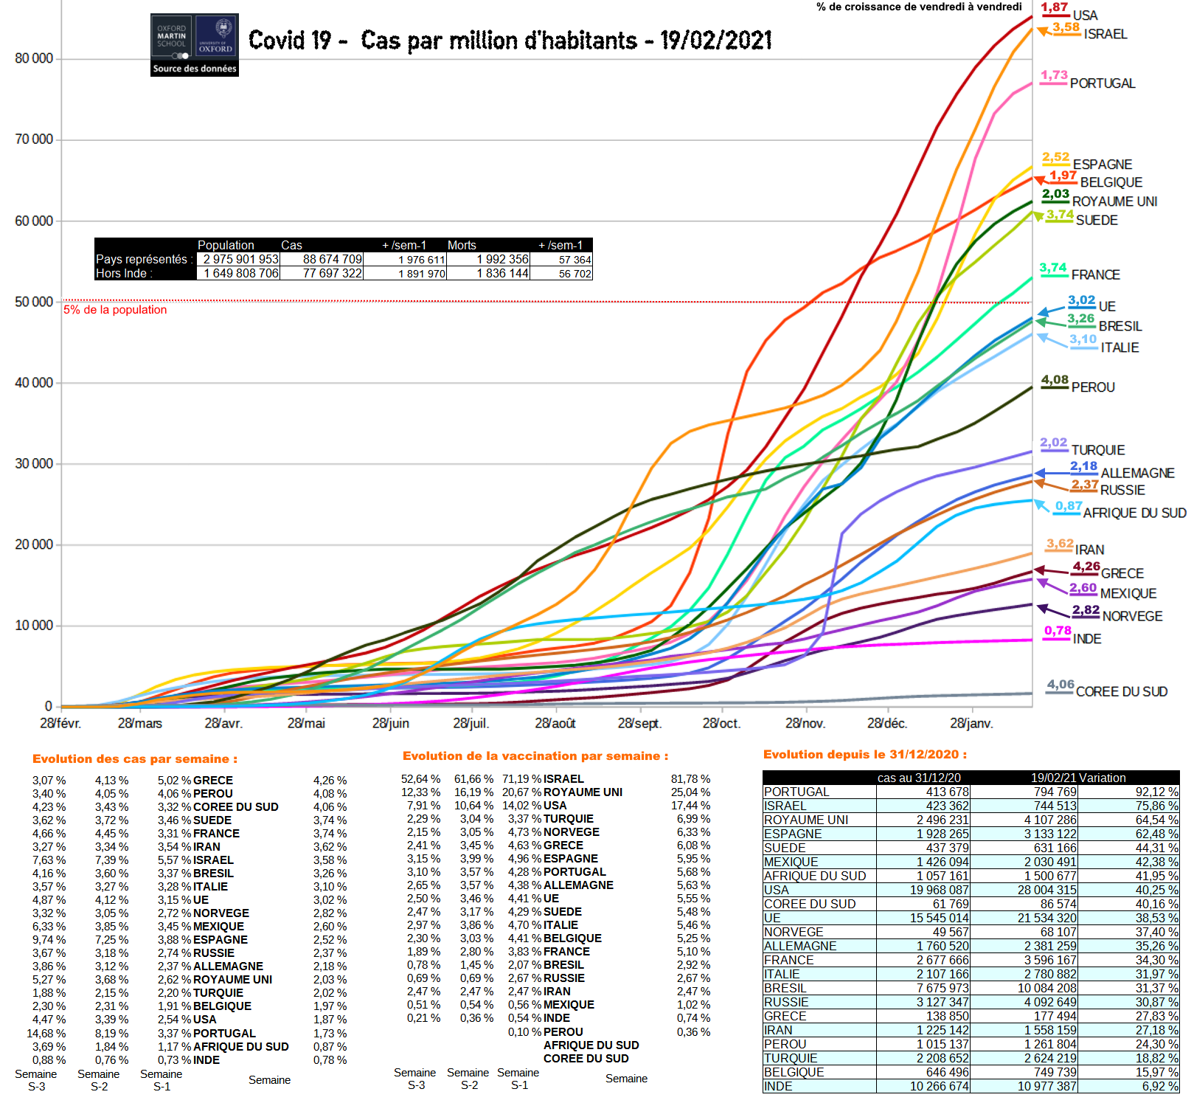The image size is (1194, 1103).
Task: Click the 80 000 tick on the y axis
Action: click(34, 59)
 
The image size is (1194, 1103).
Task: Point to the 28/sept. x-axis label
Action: click(639, 724)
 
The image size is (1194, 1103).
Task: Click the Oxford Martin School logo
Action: click(195, 44)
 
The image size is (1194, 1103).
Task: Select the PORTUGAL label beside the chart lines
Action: click(1103, 83)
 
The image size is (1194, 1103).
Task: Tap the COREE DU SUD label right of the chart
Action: click(1121, 692)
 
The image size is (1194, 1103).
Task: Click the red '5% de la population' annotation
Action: click(115, 310)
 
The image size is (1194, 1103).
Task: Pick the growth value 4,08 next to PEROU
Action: click(1055, 380)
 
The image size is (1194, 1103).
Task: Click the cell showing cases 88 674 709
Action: click(332, 260)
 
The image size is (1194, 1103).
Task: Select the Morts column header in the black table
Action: click(462, 245)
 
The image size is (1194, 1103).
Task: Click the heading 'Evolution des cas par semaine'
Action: click(135, 759)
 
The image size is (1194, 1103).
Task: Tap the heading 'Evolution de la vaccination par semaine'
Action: click(535, 756)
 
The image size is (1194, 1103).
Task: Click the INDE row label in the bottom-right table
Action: click(778, 1086)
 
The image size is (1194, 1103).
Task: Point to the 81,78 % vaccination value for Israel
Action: click(693, 779)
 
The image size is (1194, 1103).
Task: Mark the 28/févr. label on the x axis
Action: click(60, 724)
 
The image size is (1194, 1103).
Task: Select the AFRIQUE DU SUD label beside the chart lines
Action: click(1134, 513)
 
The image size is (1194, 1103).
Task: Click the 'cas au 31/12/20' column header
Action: click(919, 778)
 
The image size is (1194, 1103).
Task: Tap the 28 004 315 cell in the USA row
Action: click(1047, 890)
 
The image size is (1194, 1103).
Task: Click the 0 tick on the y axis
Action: click(49, 707)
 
